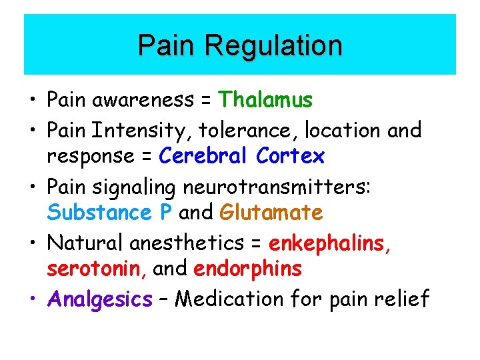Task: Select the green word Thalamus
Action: (x=265, y=101)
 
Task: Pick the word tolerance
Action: (x=242, y=129)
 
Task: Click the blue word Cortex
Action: (x=290, y=157)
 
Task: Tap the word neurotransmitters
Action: (x=276, y=186)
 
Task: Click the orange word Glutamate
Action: (x=271, y=213)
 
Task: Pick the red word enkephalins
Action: (x=330, y=243)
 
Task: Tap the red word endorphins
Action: (x=247, y=270)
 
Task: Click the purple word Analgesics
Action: (x=100, y=299)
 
